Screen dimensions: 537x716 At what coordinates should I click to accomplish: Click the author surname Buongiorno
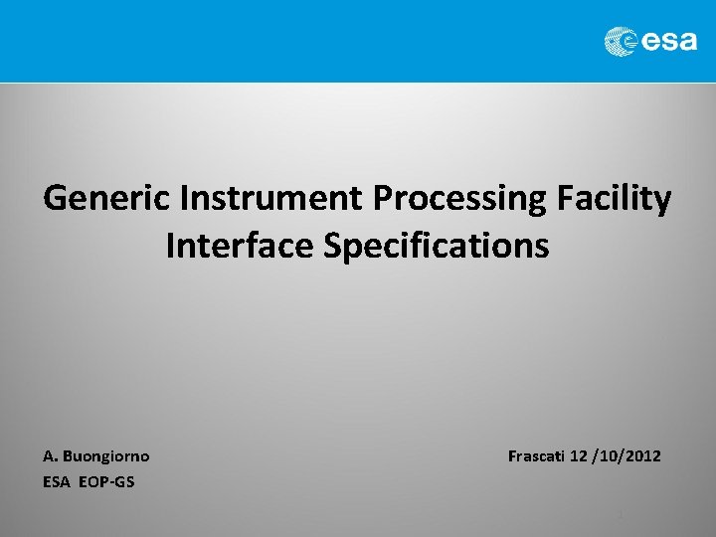(x=106, y=456)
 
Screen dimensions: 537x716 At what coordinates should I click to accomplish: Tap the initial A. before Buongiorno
(x=51, y=456)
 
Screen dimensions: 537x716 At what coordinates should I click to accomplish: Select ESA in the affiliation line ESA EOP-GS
(x=57, y=482)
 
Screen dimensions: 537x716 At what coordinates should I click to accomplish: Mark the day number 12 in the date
(x=581, y=456)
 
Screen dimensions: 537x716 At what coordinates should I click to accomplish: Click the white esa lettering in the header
(x=668, y=42)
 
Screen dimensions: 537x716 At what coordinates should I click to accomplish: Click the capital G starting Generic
(x=55, y=199)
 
